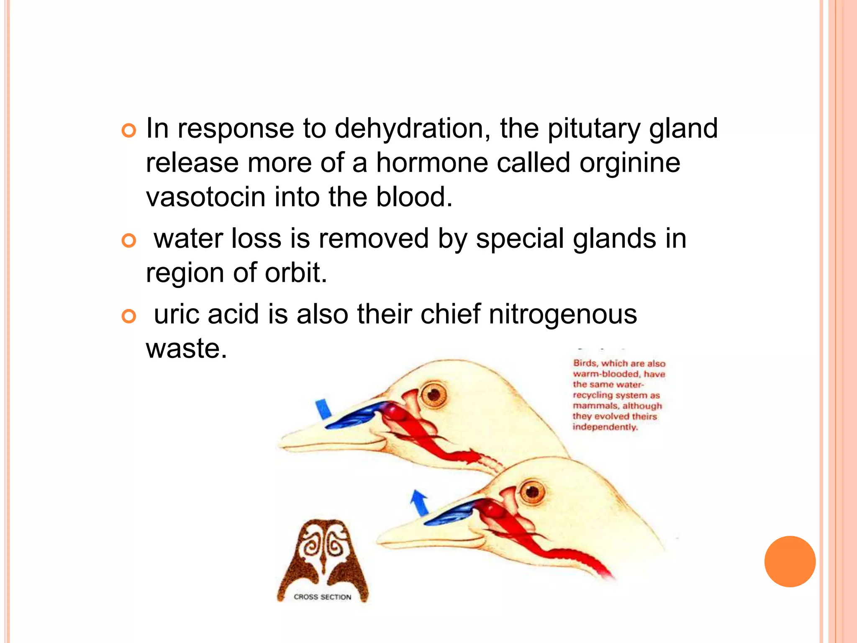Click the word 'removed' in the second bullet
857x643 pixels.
[373, 239]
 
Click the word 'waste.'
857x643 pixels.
[187, 348]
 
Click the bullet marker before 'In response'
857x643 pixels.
[129, 131]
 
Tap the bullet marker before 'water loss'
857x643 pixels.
[129, 241]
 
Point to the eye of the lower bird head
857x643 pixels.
[532, 491]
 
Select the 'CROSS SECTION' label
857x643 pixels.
[322, 597]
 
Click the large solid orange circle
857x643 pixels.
[790, 561]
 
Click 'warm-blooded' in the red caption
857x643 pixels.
[606, 374]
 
